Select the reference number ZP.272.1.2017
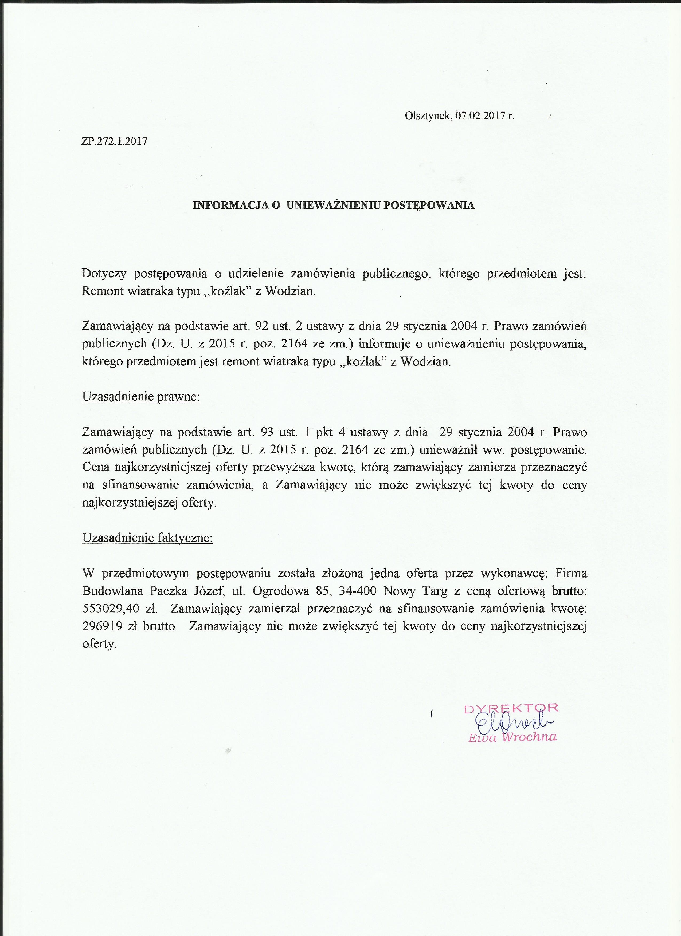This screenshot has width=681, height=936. tap(114, 141)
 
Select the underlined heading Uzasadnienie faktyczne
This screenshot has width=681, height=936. tap(147, 538)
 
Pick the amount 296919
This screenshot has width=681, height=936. tap(102, 626)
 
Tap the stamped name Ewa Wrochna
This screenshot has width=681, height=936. tap(512, 737)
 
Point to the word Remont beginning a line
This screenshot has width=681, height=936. tap(103, 291)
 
